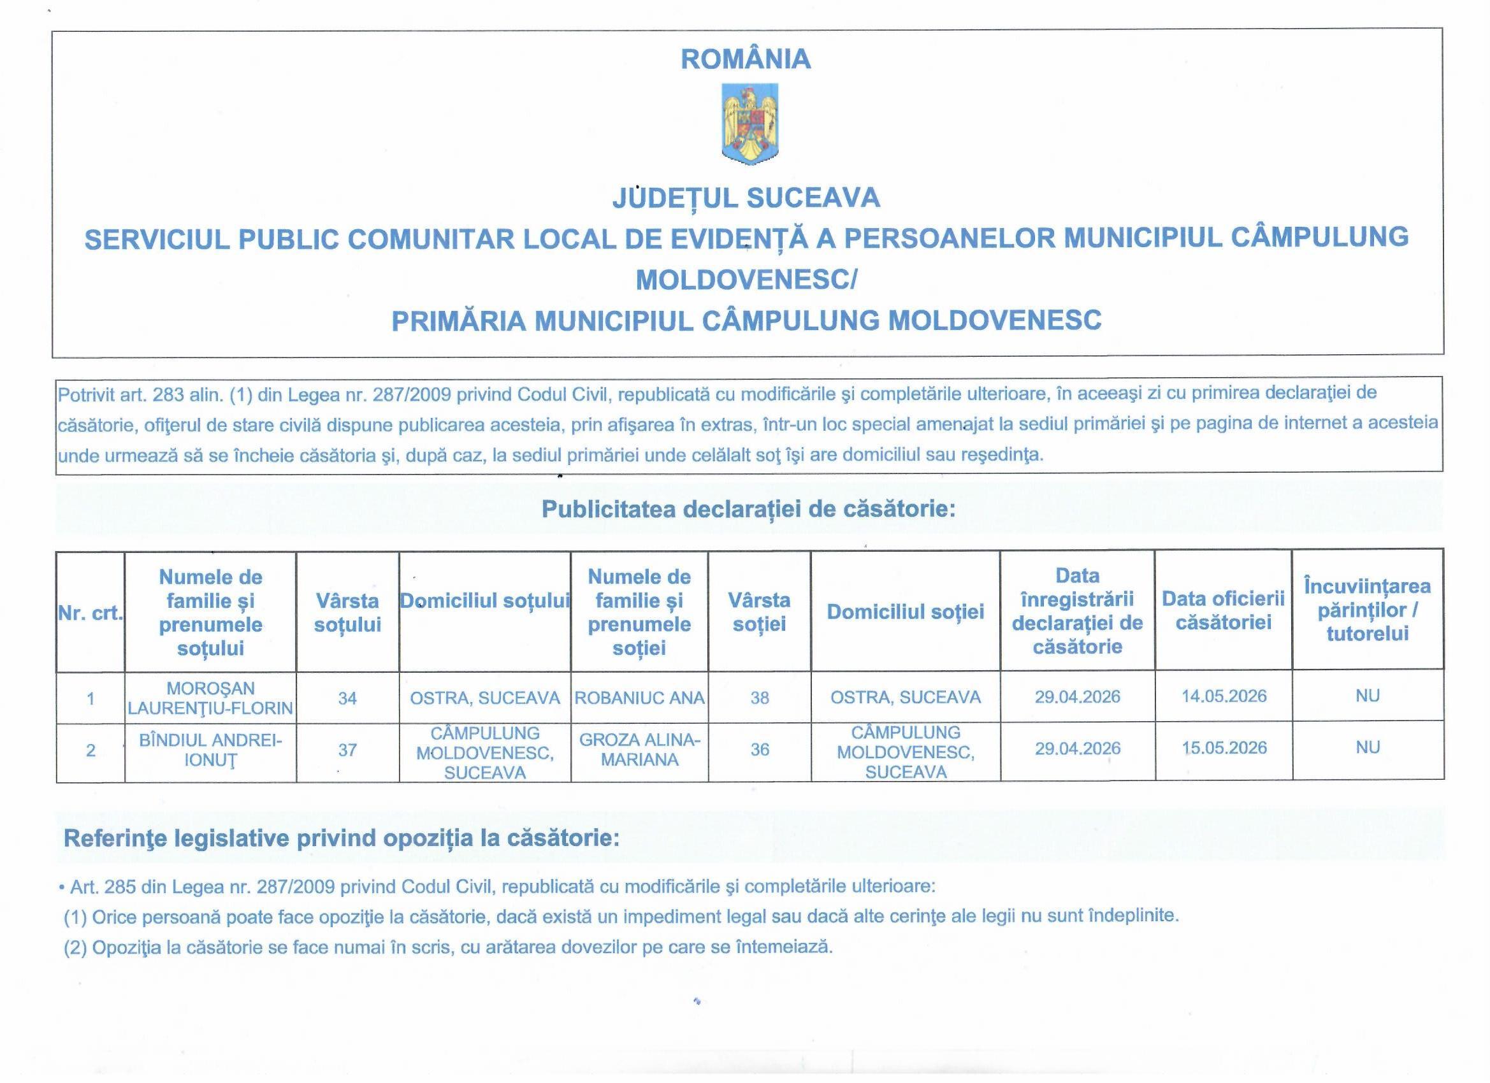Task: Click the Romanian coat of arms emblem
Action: [x=749, y=124]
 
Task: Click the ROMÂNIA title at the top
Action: [x=746, y=59]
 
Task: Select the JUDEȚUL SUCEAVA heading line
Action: [x=746, y=197]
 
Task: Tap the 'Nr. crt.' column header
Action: [x=90, y=613]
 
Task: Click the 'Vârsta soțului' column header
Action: [x=347, y=612]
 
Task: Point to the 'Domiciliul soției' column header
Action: [x=906, y=612]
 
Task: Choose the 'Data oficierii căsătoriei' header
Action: [x=1223, y=610]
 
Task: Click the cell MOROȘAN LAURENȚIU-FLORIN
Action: [x=210, y=698]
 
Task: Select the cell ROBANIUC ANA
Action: [x=639, y=698]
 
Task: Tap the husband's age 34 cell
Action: [x=347, y=698]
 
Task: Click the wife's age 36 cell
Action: [x=760, y=749]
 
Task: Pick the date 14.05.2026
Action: [x=1224, y=696]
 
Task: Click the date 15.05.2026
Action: [x=1224, y=748]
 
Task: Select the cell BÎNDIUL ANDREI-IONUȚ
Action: [x=210, y=750]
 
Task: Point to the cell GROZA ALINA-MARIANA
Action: [x=639, y=749]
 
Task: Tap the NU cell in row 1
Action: [x=1367, y=696]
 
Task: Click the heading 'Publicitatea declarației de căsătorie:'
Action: [x=748, y=510]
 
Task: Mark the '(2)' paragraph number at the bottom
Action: [x=75, y=948]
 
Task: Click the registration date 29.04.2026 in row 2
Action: [x=1078, y=749]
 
